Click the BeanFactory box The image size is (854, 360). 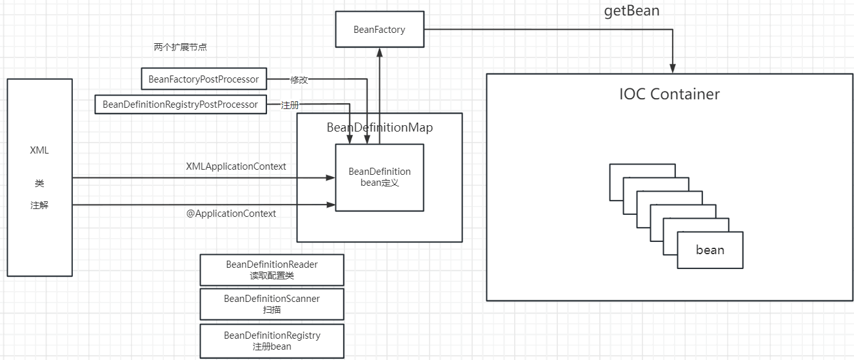pos(379,30)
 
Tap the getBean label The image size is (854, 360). pos(632,11)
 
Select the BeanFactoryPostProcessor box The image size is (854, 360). pos(204,79)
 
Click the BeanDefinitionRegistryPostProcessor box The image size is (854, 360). pos(180,105)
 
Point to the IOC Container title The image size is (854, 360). pos(669,94)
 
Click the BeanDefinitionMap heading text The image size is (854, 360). pos(379,127)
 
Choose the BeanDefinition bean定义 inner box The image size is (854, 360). pos(379,177)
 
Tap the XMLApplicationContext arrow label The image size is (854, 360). pos(235,166)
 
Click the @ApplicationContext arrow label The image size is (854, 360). pos(231,214)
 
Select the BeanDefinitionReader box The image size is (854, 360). pos(272,270)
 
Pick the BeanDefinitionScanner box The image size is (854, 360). pos(272,304)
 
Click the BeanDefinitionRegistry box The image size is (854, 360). pos(272,341)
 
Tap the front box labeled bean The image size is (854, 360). pos(710,250)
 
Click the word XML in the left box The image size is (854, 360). pos(39,151)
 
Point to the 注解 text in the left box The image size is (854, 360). pos(39,205)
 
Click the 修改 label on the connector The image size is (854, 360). pos(299,80)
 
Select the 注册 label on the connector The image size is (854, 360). pos(290,105)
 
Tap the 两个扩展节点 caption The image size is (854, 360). pos(181,48)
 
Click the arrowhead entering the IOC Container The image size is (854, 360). pos(673,68)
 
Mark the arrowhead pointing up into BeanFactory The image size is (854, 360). pos(379,54)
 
